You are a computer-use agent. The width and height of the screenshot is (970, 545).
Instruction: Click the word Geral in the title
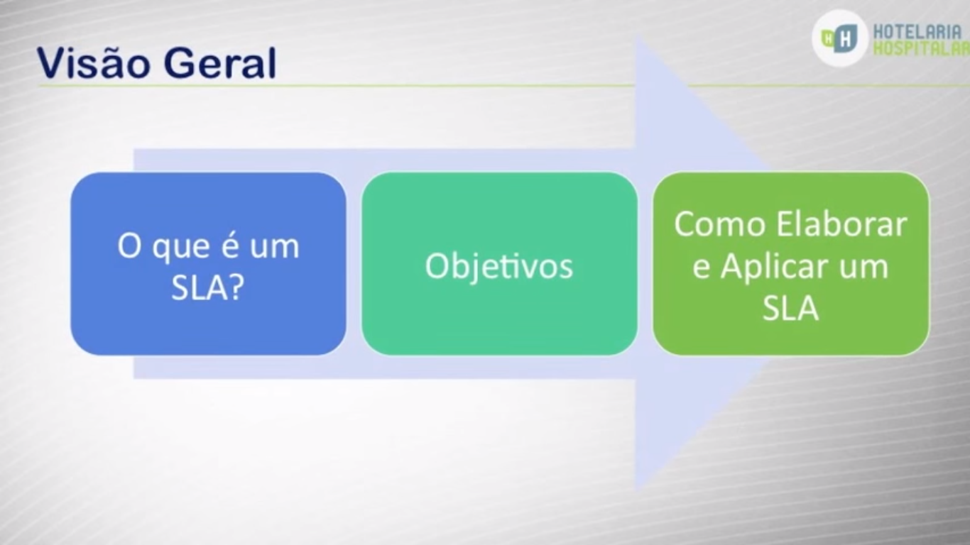219,62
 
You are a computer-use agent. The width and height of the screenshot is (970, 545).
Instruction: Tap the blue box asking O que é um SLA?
208,264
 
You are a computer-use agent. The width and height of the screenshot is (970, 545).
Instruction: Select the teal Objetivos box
499,264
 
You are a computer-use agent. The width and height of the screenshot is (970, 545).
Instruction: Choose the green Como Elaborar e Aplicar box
791,264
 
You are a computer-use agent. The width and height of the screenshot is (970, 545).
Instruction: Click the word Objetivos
499,266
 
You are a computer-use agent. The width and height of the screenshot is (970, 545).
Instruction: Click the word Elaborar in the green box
841,224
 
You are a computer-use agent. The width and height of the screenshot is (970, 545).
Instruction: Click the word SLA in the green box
791,308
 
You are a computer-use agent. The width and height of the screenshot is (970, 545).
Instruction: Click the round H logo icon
839,38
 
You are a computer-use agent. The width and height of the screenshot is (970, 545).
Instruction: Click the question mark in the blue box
236,287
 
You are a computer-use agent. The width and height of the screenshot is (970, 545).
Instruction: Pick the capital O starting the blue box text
129,246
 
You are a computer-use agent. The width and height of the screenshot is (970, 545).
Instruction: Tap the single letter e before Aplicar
701,268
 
